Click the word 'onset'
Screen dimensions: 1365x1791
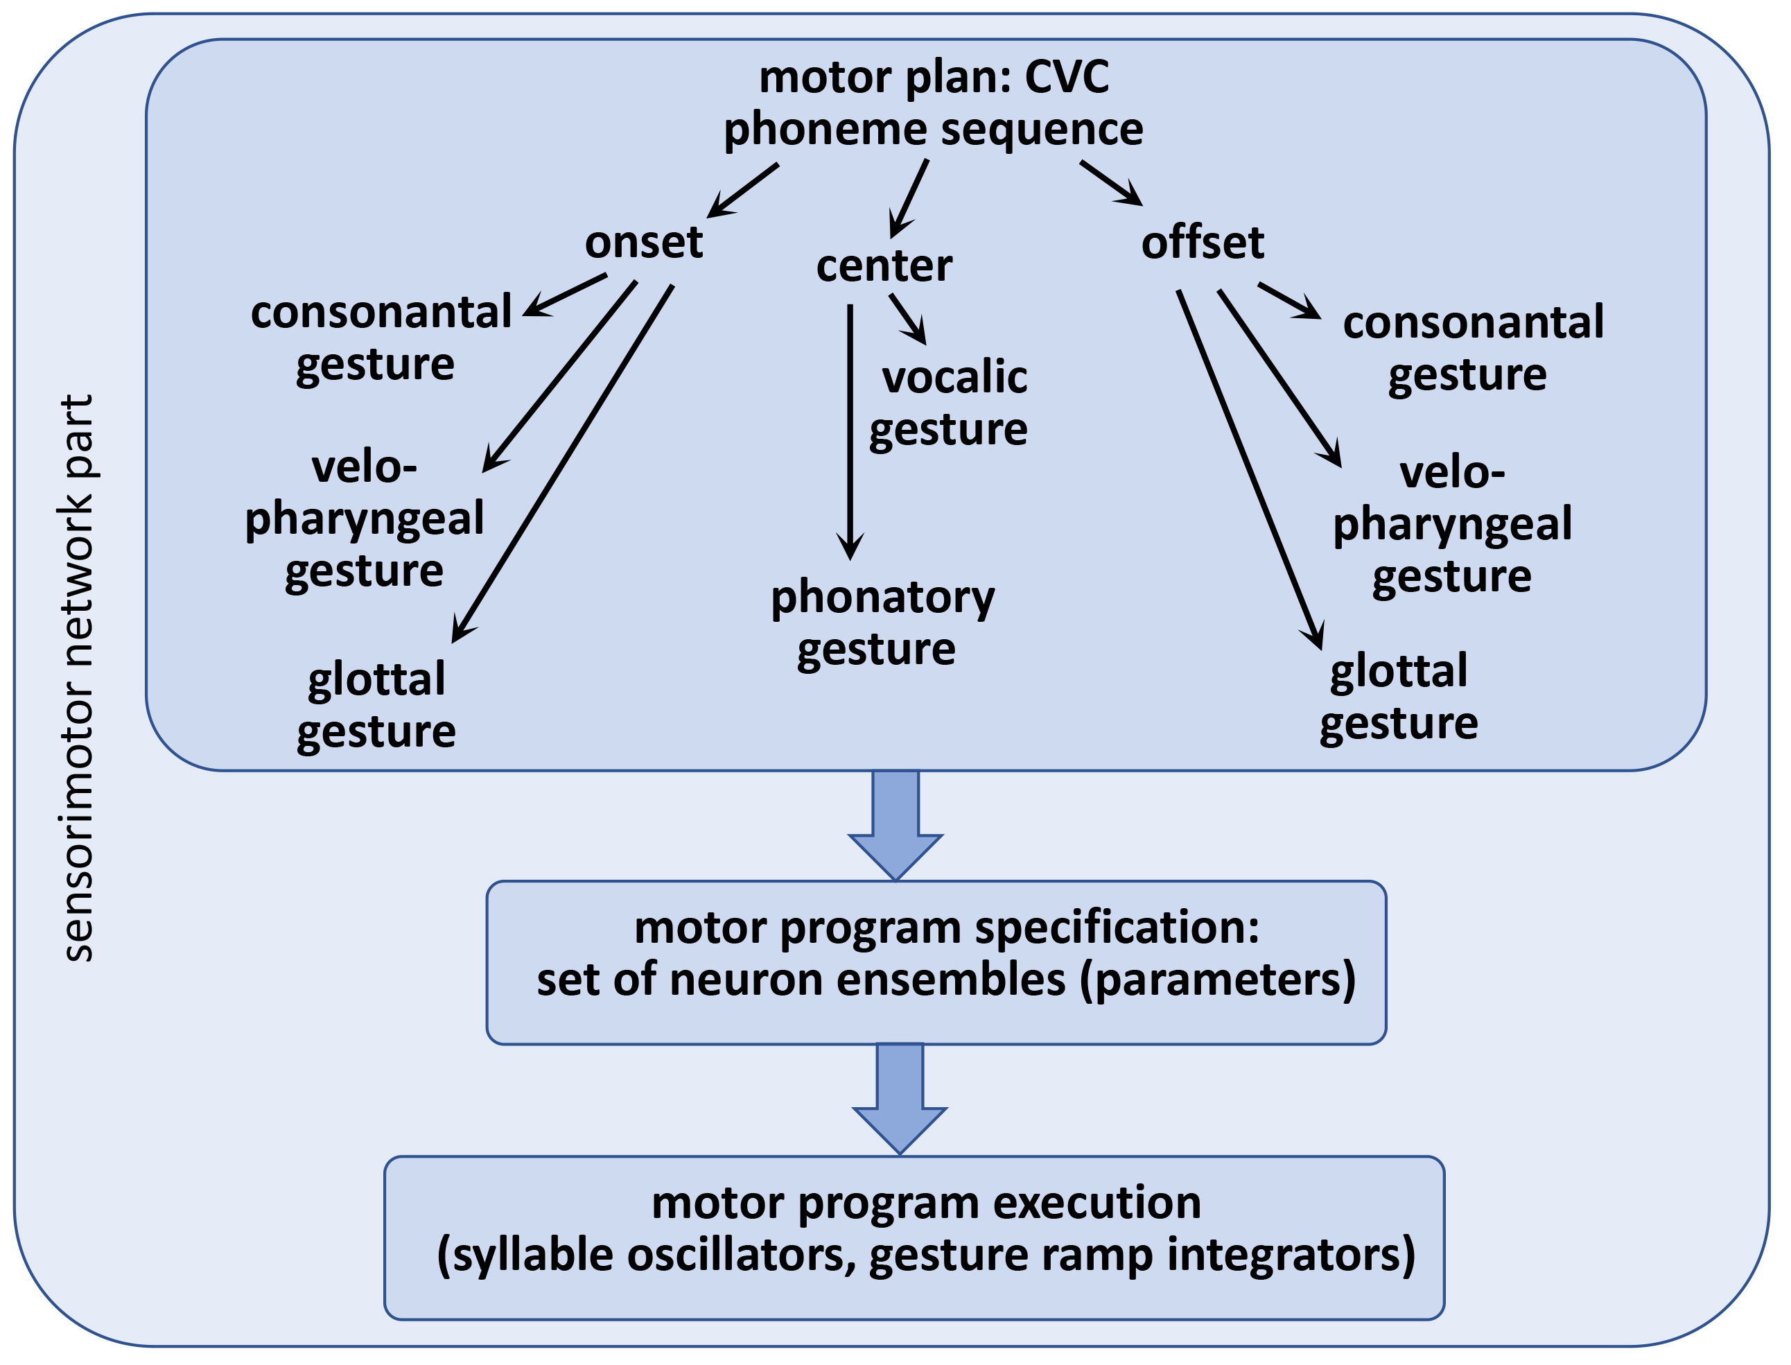(644, 242)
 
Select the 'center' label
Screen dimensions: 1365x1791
(884, 266)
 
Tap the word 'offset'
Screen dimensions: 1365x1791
(1202, 242)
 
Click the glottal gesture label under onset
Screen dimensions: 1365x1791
(376, 705)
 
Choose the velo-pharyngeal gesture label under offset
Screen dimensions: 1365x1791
(1452, 524)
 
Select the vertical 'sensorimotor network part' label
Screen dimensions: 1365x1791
(79, 679)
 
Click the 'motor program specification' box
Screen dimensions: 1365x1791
(936, 962)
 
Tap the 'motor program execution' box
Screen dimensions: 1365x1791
(914, 1237)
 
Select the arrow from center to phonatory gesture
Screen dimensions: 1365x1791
(850, 431)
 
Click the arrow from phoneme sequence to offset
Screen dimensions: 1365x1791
(1111, 184)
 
